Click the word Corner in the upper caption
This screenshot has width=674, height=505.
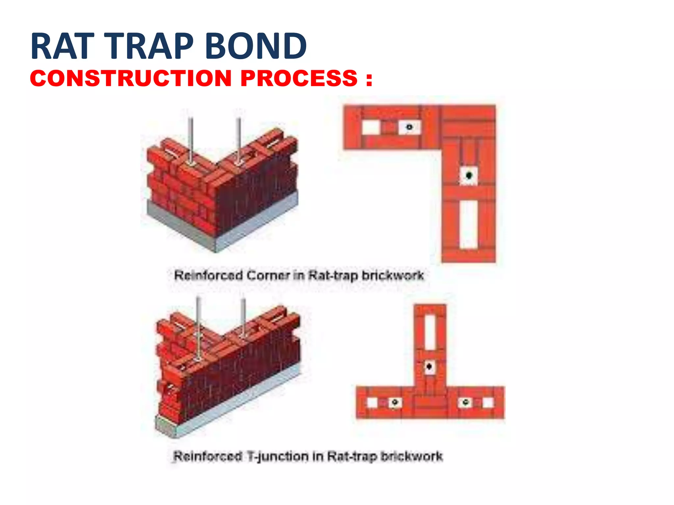tap(268, 276)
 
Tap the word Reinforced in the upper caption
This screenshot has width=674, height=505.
tap(208, 276)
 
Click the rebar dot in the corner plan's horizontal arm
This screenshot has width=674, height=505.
tap(409, 127)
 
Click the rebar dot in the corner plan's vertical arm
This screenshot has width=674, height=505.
tap(469, 175)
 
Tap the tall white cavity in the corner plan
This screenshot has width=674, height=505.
tap(468, 225)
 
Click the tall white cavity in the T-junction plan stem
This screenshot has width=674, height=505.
tap(430, 332)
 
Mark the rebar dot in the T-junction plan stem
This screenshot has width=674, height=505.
tap(429, 366)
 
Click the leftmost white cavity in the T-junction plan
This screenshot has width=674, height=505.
tap(372, 402)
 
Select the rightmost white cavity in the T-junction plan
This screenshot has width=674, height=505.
tap(487, 402)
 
